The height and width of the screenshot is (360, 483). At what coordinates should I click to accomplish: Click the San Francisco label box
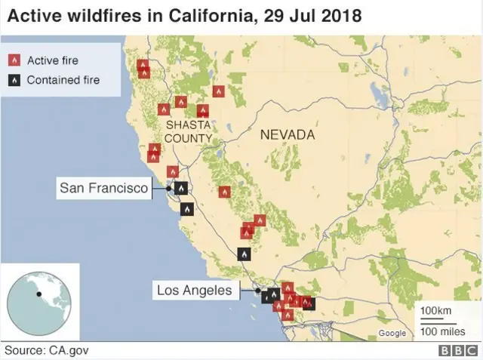[x=104, y=188]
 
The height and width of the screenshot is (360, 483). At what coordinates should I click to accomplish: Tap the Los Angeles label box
[x=195, y=290]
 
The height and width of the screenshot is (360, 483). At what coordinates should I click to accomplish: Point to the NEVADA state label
[x=287, y=135]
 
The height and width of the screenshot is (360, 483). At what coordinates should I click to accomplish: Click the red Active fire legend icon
[x=13, y=60]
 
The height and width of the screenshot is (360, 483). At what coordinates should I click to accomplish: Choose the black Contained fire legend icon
[x=13, y=80]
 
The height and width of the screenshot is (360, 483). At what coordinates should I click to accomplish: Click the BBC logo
[x=455, y=351]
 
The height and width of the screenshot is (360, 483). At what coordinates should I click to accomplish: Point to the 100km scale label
[x=435, y=311]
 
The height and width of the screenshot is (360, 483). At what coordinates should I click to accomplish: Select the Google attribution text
[x=392, y=333]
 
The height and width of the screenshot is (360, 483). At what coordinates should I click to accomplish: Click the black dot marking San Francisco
[x=168, y=188]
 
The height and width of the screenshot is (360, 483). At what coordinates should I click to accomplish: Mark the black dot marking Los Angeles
[x=257, y=291]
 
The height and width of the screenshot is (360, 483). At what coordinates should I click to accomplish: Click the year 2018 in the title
[x=336, y=15]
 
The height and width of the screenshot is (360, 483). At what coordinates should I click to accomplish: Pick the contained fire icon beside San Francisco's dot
[x=181, y=188]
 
